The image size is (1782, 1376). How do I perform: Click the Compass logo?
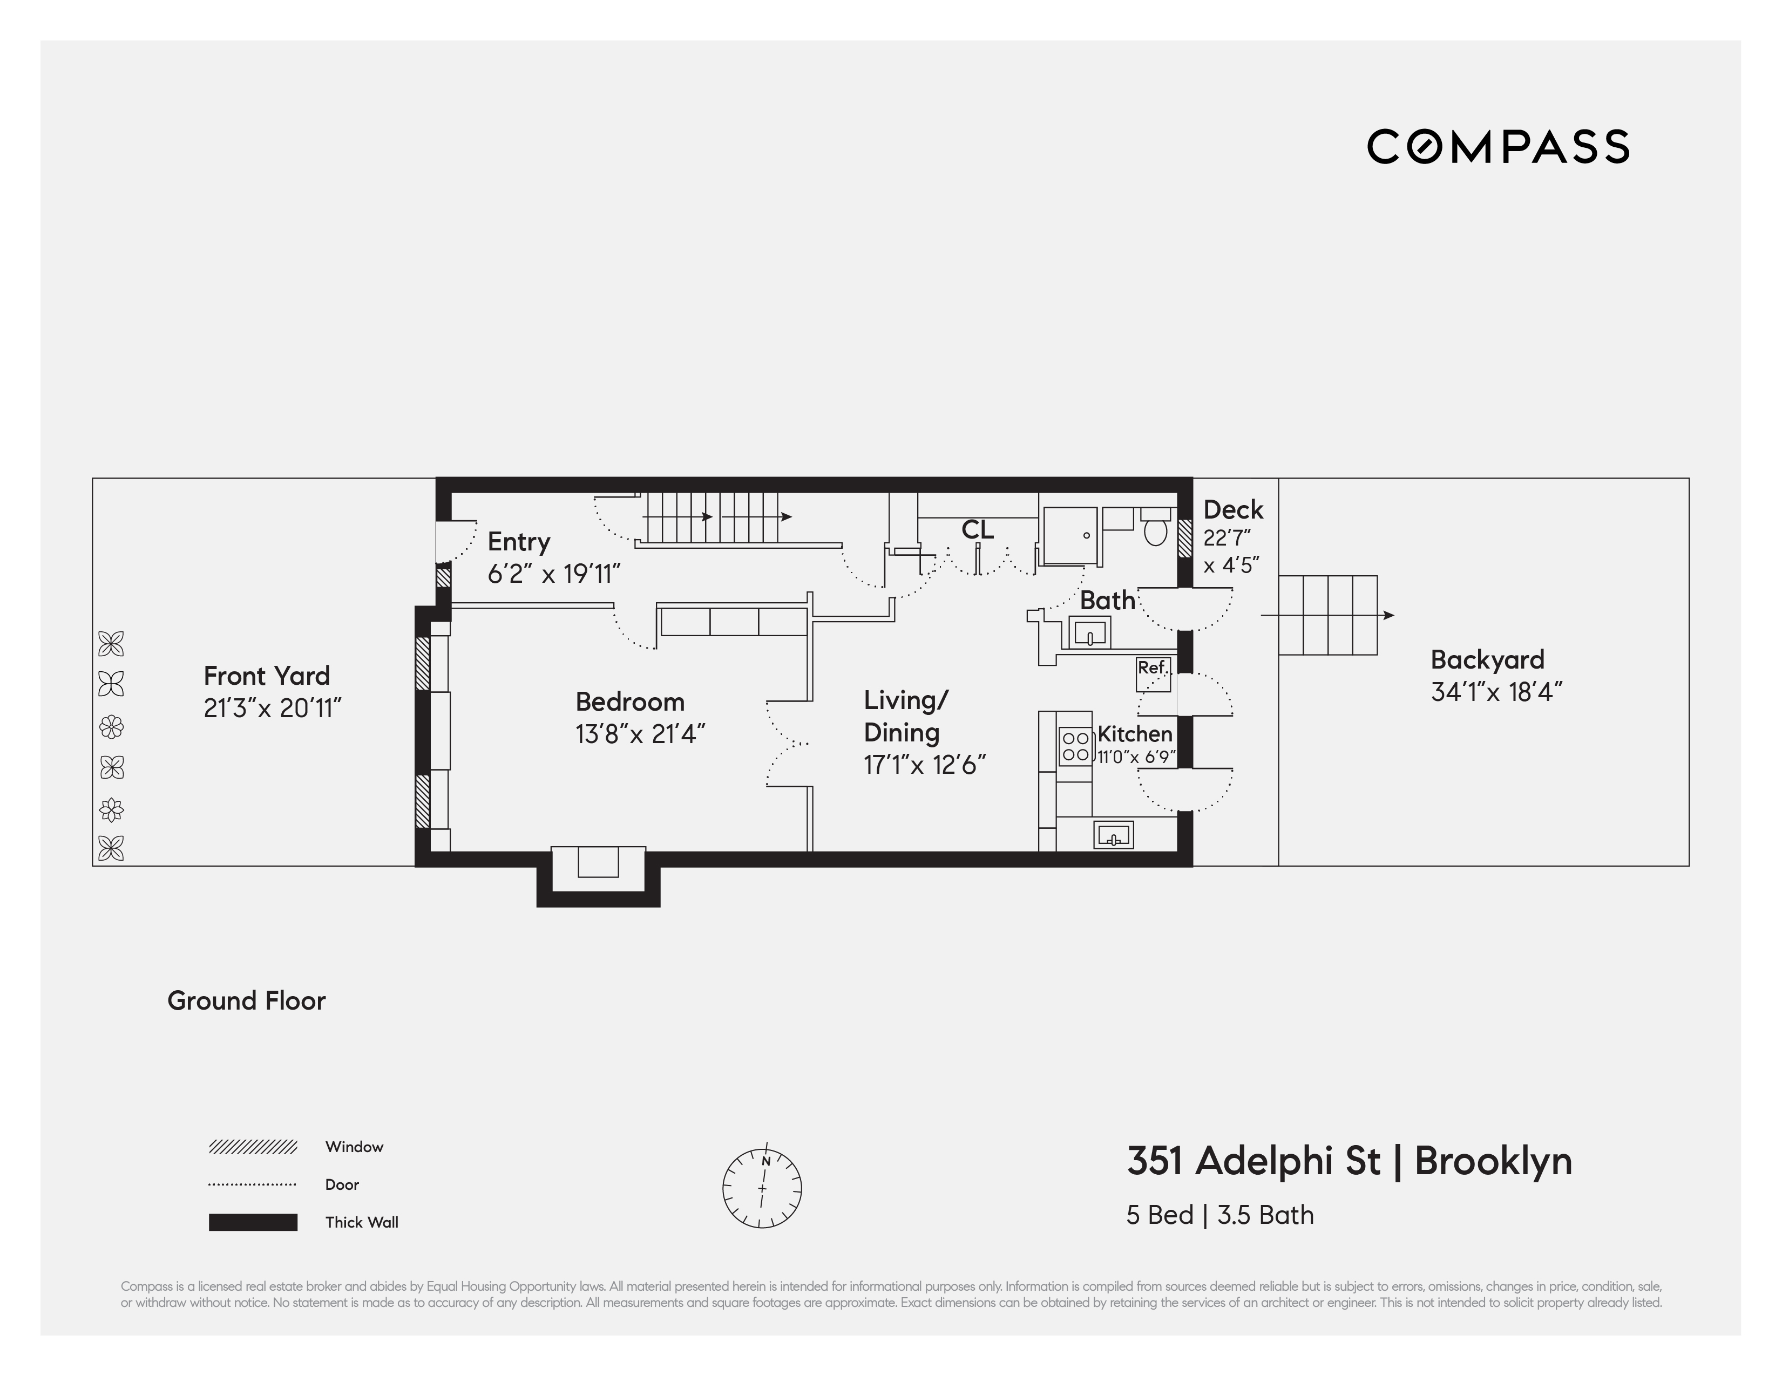pos(1498,147)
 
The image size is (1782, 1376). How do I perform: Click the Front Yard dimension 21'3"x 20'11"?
pos(272,708)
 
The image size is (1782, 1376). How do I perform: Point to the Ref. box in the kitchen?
pos(1154,674)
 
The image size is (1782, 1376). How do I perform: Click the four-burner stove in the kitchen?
pos(1075,746)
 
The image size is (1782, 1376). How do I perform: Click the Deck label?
pos(1233,510)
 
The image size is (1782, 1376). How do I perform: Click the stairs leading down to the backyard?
pos(1327,615)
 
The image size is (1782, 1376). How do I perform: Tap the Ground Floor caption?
pos(246,1001)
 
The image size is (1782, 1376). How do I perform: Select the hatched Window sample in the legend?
pos(253,1147)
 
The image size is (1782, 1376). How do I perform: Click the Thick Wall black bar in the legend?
pos(253,1222)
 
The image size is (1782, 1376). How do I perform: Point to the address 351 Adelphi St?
pos(1254,1161)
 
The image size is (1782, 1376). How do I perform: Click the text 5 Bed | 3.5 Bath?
pos(1220,1215)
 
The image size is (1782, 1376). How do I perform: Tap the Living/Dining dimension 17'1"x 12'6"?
pos(924,765)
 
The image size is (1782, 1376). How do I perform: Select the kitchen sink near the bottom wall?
pos(1113,835)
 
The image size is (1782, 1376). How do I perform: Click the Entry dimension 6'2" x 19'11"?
pos(554,574)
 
